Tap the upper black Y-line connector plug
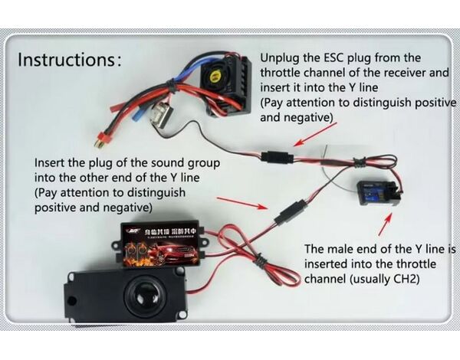pyautogui.click(x=275, y=158)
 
